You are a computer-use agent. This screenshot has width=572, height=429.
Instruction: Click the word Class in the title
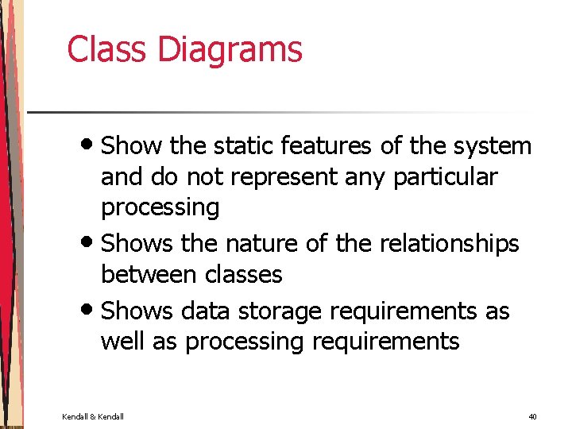click(x=107, y=49)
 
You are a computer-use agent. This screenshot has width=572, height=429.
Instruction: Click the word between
click(x=149, y=274)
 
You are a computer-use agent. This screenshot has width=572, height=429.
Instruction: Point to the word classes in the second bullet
click(x=244, y=274)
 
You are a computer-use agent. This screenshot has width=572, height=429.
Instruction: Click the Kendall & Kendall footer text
click(x=93, y=416)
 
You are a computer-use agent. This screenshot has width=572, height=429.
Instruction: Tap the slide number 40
click(x=531, y=416)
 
